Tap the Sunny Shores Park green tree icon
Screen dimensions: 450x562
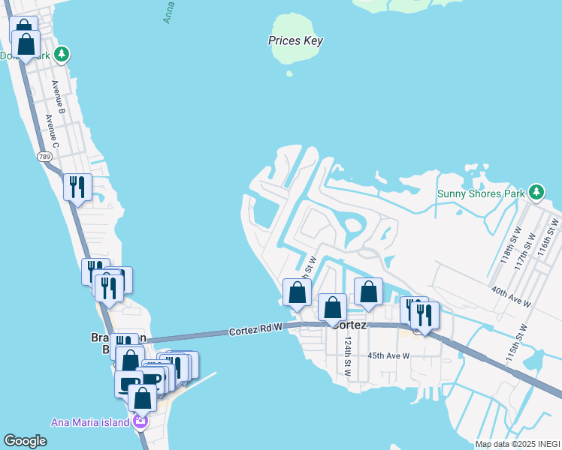(x=536, y=193)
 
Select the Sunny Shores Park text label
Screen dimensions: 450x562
(x=481, y=194)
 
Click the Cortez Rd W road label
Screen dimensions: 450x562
(x=255, y=329)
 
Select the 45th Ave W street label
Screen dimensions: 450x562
(x=388, y=355)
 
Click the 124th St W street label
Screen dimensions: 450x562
(x=348, y=356)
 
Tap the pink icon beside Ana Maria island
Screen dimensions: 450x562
(x=139, y=422)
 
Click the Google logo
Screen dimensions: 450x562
(x=26, y=440)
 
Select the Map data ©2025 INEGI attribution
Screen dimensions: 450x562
(x=518, y=443)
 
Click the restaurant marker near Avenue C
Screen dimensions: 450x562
(x=77, y=187)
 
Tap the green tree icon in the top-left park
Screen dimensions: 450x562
(x=62, y=54)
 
